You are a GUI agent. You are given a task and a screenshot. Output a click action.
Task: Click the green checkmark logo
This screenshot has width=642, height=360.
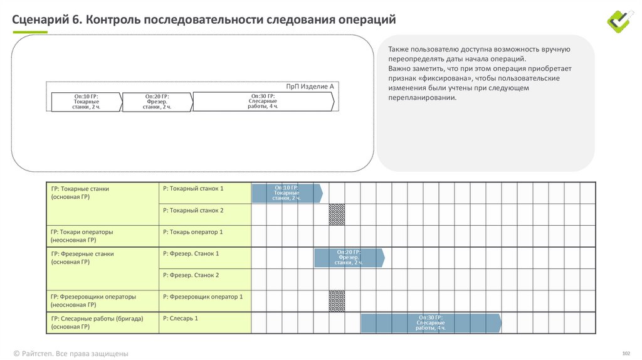click(x=620, y=20)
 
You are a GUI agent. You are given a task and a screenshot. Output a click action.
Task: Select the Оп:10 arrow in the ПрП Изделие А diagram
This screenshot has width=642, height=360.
click(x=85, y=102)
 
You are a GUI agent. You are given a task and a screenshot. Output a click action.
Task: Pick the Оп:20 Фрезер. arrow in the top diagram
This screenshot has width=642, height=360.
click(x=156, y=102)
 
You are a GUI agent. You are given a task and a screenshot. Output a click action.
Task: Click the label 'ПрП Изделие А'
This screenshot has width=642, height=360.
click(x=310, y=86)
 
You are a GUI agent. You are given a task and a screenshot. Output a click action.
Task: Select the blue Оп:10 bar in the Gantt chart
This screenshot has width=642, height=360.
click(x=286, y=193)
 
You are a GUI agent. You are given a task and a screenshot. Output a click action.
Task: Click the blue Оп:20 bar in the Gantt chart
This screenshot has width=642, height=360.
click(x=349, y=257)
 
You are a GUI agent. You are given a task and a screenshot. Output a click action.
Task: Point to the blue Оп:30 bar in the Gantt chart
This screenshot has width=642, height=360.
click(x=431, y=323)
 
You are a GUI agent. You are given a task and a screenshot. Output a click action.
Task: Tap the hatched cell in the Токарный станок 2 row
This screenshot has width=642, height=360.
click(x=337, y=214)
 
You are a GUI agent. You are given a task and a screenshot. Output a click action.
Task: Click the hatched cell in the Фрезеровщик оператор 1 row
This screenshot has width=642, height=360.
click(x=337, y=300)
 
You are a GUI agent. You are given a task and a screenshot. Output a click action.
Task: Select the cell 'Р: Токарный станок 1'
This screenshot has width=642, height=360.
click(x=193, y=188)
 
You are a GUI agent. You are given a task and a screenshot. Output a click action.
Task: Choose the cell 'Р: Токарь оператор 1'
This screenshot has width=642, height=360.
click(x=193, y=232)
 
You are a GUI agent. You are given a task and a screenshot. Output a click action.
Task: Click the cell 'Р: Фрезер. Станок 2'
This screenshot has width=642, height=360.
click(x=191, y=275)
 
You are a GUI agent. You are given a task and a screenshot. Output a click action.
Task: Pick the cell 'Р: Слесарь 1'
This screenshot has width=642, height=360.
click(x=181, y=319)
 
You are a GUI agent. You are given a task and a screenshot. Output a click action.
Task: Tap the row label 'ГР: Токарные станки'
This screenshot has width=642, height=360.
click(x=80, y=188)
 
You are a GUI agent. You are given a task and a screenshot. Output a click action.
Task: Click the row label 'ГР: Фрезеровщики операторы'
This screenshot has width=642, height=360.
click(x=93, y=297)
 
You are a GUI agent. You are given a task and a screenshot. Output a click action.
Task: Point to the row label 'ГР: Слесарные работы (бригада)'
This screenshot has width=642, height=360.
click(x=97, y=319)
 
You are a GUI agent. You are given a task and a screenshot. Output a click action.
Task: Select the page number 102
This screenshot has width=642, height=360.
click(x=625, y=353)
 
